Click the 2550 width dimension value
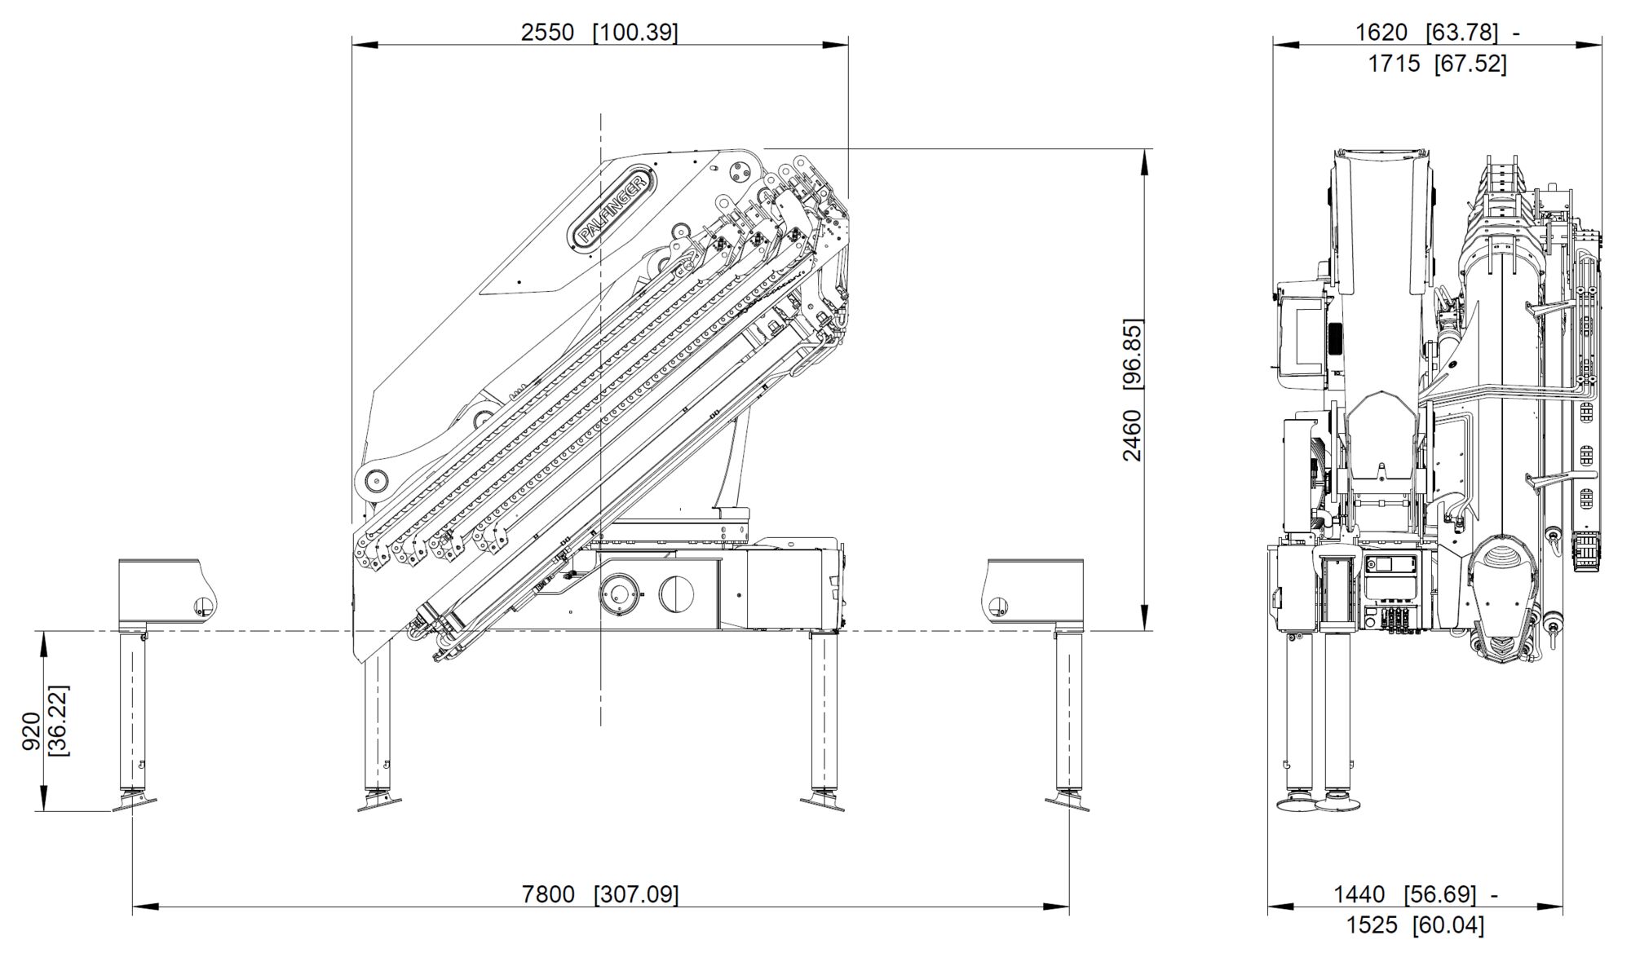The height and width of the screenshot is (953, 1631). (x=547, y=33)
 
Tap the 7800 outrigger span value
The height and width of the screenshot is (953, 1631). (x=548, y=894)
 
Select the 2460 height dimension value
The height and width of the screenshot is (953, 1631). (x=1133, y=435)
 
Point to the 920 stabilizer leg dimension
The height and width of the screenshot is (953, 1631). (x=32, y=731)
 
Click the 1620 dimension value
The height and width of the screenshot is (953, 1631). (x=1381, y=33)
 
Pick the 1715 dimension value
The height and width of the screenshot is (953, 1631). (x=1394, y=64)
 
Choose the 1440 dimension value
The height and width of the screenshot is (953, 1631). (x=1359, y=894)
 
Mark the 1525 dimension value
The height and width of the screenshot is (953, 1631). (x=1372, y=925)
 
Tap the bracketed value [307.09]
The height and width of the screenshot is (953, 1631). (x=636, y=894)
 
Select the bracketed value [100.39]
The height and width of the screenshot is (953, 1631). (x=635, y=33)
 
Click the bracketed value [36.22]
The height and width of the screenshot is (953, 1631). (x=59, y=721)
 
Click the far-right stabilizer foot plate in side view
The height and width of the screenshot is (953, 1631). (x=1067, y=804)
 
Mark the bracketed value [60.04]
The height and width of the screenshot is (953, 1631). (x=1448, y=925)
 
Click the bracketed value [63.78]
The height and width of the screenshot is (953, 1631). (x=1462, y=33)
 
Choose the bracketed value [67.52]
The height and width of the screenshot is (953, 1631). (x=1470, y=64)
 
